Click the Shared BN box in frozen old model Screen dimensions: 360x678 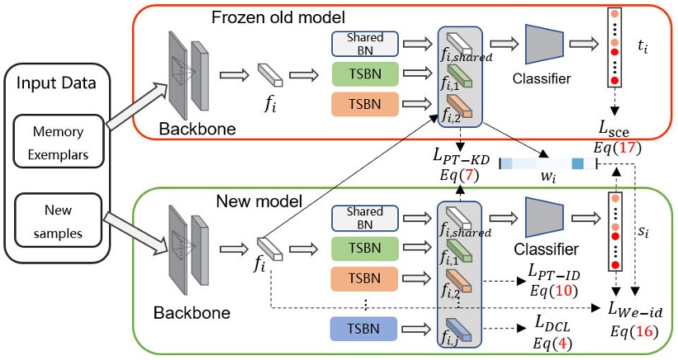click(x=365, y=43)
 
